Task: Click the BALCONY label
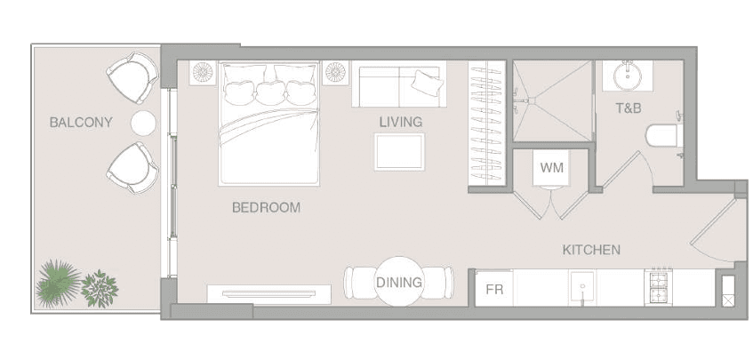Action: [x=81, y=123]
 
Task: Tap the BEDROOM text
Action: [x=266, y=208]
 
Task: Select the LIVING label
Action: [x=401, y=122]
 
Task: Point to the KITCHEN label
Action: [x=591, y=250]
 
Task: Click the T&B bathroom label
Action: [x=629, y=108]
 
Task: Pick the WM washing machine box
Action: [x=551, y=168]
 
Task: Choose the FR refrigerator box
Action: [x=494, y=289]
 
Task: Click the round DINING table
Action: [x=399, y=282]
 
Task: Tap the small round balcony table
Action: [x=143, y=123]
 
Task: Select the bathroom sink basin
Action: [x=627, y=76]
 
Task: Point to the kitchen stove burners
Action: [x=661, y=287]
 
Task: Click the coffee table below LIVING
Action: [x=399, y=152]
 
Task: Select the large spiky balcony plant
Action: [x=58, y=284]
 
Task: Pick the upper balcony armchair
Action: [x=133, y=77]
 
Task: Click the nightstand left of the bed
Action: [x=203, y=73]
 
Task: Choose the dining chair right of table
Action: [x=438, y=283]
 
